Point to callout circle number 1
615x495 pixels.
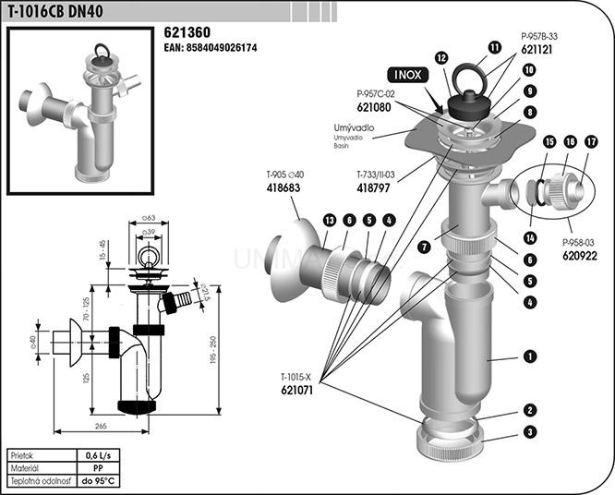[x=530, y=355]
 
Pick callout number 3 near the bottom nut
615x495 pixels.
[x=530, y=431]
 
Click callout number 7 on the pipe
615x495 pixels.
[x=424, y=247]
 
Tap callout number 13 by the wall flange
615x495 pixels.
[x=330, y=220]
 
